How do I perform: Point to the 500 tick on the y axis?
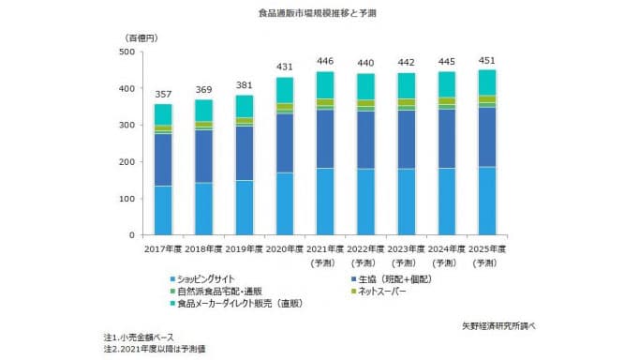[x=126, y=52]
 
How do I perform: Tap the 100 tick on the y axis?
[x=126, y=199]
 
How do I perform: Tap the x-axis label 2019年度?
[x=244, y=249]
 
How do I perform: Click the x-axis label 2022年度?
[x=364, y=249]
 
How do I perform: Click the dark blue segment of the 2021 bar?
[x=324, y=139]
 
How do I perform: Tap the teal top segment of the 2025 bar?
[x=485, y=82]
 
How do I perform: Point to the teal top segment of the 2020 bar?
[x=284, y=89]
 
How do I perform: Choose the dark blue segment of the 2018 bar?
[x=203, y=156]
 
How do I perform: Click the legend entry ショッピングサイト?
[x=206, y=279]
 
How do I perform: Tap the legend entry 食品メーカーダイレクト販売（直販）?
[x=234, y=304]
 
